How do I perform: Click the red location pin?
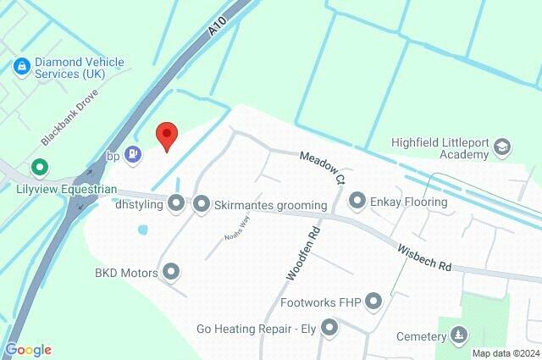(x=167, y=136)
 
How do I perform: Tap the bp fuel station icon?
(x=132, y=154)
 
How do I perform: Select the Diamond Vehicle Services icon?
(x=20, y=65)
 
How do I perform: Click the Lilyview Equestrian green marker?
(x=37, y=169)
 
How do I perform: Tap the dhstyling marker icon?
(x=176, y=203)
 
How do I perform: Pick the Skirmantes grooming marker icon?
(x=202, y=203)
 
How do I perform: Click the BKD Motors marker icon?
(x=172, y=272)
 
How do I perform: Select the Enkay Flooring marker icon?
(x=357, y=201)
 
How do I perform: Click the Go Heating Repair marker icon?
(x=330, y=327)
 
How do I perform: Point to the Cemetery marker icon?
(x=459, y=335)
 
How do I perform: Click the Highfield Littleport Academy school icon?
(x=502, y=147)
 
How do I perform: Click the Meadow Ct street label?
(x=323, y=166)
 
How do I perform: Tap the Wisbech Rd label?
(x=423, y=256)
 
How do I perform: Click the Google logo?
(x=28, y=350)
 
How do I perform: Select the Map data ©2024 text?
(x=506, y=353)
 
